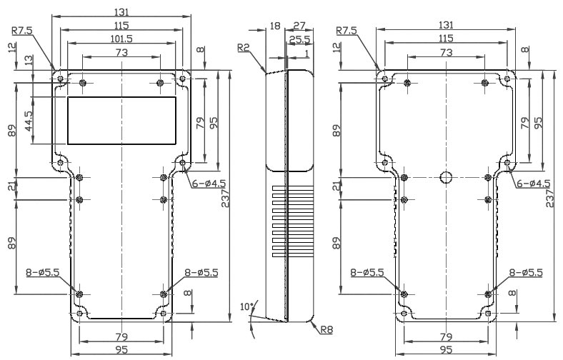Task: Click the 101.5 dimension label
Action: [x=124, y=37]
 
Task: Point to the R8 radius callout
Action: [x=326, y=330]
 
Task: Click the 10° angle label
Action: [x=246, y=306]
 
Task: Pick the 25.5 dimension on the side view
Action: [x=299, y=39]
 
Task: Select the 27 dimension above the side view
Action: [x=300, y=25]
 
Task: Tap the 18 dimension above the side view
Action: [x=274, y=25]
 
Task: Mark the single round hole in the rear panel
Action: [x=447, y=177]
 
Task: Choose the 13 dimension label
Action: [x=29, y=63]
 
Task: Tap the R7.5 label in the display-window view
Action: [x=21, y=31]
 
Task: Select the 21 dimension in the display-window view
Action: [x=11, y=187]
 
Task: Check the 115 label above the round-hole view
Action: [x=446, y=37]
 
